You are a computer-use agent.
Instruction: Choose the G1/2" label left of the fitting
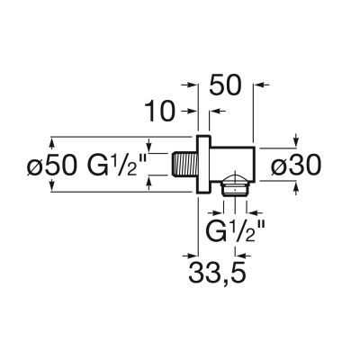click(x=119, y=165)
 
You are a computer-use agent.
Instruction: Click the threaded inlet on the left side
click(x=184, y=165)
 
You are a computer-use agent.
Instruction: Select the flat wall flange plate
click(x=204, y=165)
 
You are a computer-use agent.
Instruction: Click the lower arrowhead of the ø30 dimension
click(x=298, y=186)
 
